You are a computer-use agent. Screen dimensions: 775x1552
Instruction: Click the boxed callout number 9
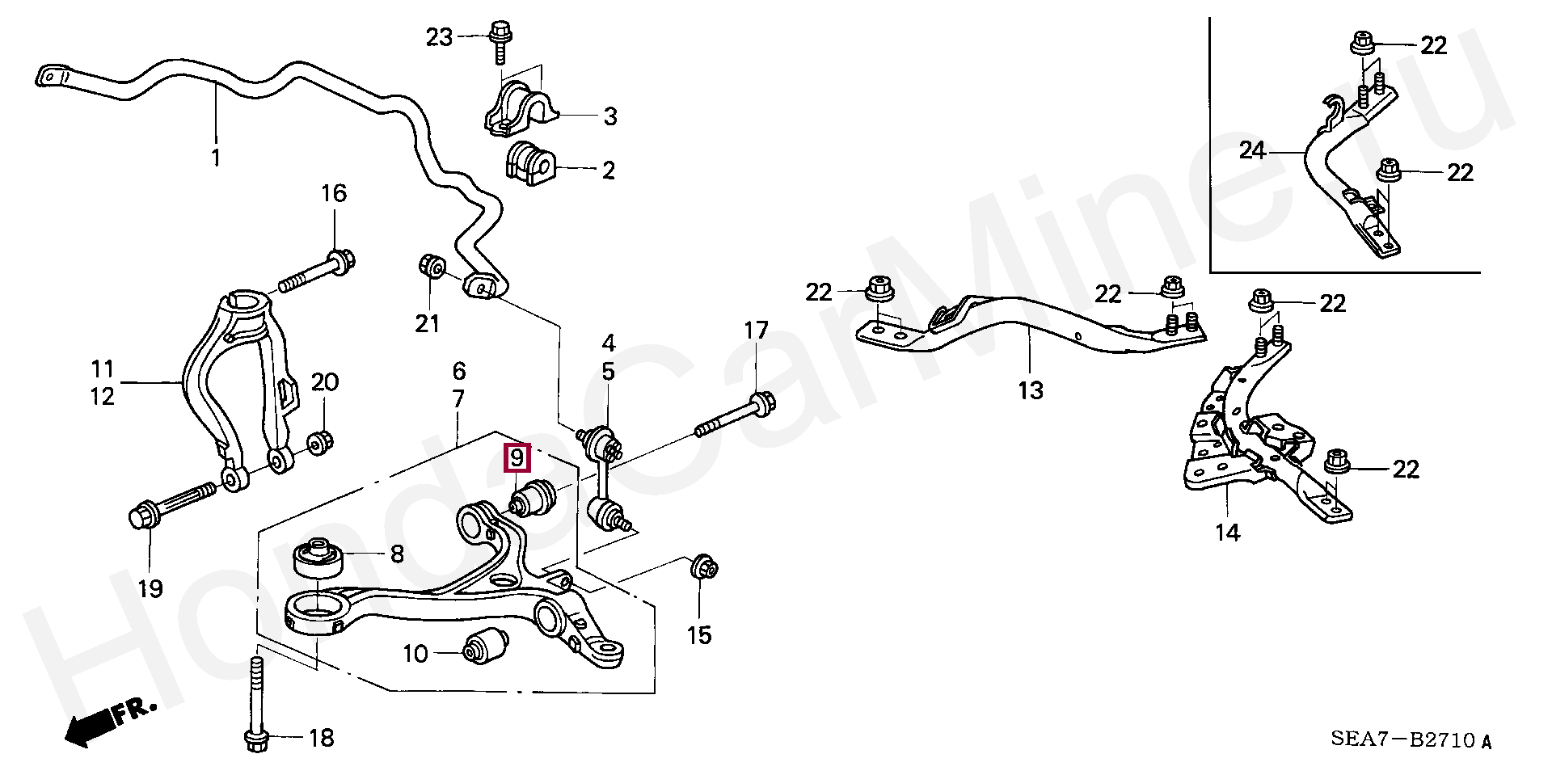tap(517, 458)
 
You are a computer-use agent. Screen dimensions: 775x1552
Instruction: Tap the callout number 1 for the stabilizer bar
tap(216, 157)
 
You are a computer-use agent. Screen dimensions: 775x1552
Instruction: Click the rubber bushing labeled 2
tap(529, 164)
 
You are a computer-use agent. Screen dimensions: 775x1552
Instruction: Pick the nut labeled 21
tap(432, 266)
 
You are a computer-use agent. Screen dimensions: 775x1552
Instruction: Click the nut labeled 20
tap(321, 441)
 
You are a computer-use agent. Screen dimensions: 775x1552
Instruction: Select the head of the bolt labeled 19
tap(143, 516)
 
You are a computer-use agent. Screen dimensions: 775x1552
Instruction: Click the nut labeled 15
tap(702, 567)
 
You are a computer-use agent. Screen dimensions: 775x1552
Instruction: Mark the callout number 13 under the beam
tap(1031, 390)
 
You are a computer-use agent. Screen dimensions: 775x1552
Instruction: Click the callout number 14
tap(1227, 533)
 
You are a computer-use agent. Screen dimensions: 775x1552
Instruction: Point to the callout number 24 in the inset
tap(1252, 150)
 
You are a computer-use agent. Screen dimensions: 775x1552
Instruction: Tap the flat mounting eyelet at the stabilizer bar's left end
tap(51, 76)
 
